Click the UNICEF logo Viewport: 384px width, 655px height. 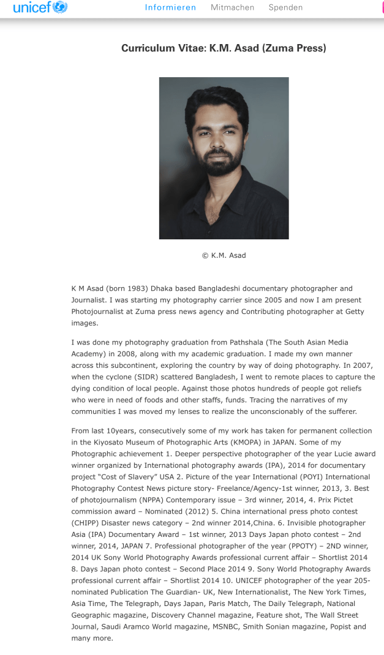click(40, 8)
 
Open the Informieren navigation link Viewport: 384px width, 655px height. click(170, 8)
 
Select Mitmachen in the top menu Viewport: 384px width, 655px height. click(232, 8)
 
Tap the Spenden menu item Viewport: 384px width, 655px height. click(285, 8)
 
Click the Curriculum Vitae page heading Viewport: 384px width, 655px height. click(224, 48)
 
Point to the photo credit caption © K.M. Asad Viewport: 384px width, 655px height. click(224, 255)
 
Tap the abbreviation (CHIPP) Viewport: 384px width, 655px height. click(91, 523)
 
